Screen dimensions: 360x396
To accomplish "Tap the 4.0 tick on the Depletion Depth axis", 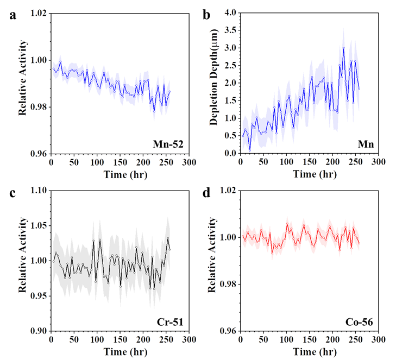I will point(230,12).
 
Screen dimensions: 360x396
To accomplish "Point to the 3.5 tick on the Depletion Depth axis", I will point(230,30).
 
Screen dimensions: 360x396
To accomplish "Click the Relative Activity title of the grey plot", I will point(23,256).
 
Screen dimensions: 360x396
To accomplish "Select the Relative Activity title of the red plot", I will point(212,256).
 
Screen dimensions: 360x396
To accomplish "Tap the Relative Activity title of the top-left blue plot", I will point(23,78).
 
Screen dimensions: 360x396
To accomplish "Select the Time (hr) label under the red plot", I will point(315,352).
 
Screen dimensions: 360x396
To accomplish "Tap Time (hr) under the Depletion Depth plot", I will point(315,175).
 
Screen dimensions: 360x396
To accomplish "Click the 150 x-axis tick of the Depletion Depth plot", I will point(309,162).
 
